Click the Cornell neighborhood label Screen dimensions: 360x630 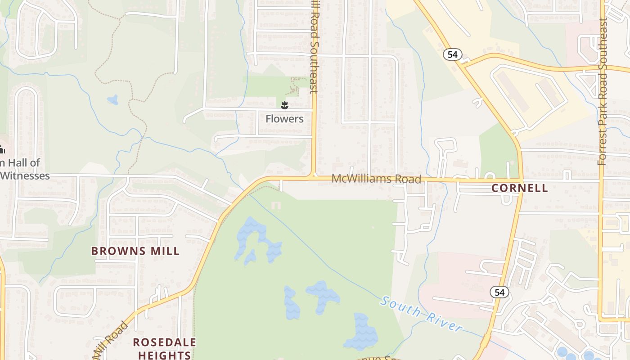pos(520,188)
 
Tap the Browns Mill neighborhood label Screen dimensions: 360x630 pos(135,251)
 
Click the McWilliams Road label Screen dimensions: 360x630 pos(376,179)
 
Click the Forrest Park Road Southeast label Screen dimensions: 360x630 pos(603,92)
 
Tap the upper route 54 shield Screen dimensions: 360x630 pos(452,54)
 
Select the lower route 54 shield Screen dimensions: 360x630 pos(499,292)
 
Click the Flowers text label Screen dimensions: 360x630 pos(284,119)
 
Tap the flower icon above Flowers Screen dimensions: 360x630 pos(284,106)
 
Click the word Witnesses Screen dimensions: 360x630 pos(25,175)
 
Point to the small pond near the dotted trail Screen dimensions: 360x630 pos(112,99)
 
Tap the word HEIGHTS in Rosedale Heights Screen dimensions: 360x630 pos(164,355)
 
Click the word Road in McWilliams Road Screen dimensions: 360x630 pos(408,179)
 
